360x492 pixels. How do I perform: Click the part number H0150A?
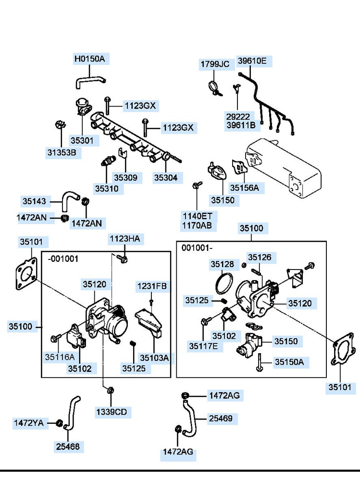pyautogui.click(x=89, y=59)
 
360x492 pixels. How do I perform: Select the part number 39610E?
pyautogui.click(x=252, y=61)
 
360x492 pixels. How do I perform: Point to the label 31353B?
pyautogui.click(x=62, y=153)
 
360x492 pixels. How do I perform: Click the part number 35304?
pyautogui.click(x=165, y=177)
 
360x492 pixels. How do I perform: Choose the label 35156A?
pyautogui.click(x=244, y=188)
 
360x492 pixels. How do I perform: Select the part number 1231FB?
pyautogui.click(x=151, y=286)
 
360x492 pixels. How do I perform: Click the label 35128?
pyautogui.click(x=222, y=264)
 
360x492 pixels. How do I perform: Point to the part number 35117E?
pyautogui.click(x=203, y=345)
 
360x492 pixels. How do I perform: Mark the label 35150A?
pyautogui.click(x=289, y=362)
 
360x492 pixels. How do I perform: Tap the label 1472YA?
pyautogui.click(x=28, y=423)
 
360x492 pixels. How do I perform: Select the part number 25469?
pyautogui.click(x=220, y=419)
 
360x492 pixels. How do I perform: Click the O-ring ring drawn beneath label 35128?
pyautogui.click(x=223, y=283)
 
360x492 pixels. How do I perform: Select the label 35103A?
pyautogui.click(x=154, y=357)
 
